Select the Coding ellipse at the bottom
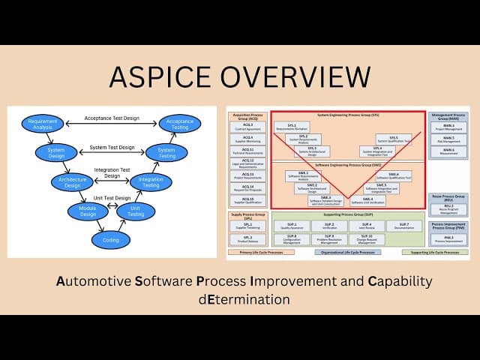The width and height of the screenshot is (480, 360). [110, 240]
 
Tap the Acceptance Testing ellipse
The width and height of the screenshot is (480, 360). [179, 124]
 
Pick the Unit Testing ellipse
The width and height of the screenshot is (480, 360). [136, 212]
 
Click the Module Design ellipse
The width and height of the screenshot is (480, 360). [88, 212]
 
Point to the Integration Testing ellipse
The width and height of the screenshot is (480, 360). [151, 181]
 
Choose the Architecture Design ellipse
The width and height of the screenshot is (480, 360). [70, 181]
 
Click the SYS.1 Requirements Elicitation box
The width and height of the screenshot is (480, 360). [291, 126]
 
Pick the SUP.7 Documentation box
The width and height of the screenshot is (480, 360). [404, 225]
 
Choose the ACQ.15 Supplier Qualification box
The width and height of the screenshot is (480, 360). [247, 199]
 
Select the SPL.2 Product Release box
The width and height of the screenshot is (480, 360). [247, 238]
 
